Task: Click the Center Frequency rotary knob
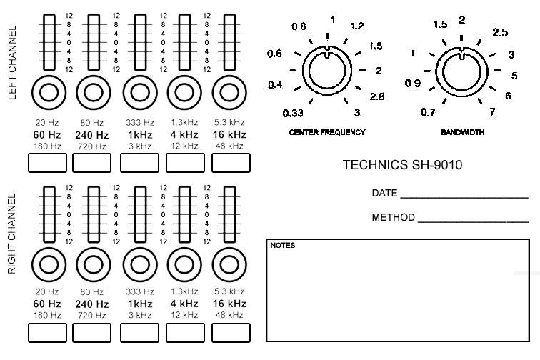pos(327,71)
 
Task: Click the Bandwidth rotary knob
pos(461,71)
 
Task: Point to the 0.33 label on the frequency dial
pos(293,114)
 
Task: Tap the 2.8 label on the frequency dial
pos(376,96)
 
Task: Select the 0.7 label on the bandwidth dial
pos(428,112)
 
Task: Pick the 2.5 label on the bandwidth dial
pos(500,33)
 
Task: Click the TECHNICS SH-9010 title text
pos(402,165)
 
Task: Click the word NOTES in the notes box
pos(283,246)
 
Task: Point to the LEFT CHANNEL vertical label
pos(12,64)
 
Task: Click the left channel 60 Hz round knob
pos(49,92)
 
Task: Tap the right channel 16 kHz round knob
pos(229,264)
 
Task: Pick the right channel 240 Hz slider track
pos(91,214)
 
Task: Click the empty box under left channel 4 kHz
pos(184,163)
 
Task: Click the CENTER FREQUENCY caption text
pos(327,132)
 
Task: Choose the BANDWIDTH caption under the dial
pos(461,132)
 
